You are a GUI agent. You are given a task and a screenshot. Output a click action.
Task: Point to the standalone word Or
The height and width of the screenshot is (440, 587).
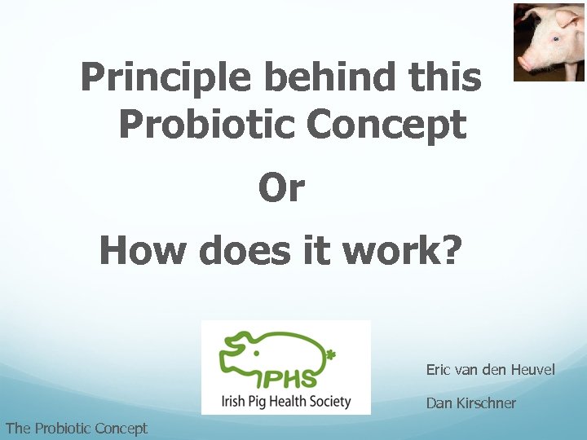[x=281, y=188]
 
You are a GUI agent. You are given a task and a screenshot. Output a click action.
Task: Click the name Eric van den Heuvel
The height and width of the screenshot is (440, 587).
[x=490, y=370]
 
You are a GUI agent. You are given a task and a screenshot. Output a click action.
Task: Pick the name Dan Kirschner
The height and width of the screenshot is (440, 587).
[x=470, y=403]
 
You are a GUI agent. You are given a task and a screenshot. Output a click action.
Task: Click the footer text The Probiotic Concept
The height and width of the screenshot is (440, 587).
[x=76, y=428]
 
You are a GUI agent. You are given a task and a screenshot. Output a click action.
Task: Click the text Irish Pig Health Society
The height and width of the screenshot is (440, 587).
[x=286, y=401]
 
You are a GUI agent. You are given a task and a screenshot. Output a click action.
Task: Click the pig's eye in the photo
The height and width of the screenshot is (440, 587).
[x=556, y=38]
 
